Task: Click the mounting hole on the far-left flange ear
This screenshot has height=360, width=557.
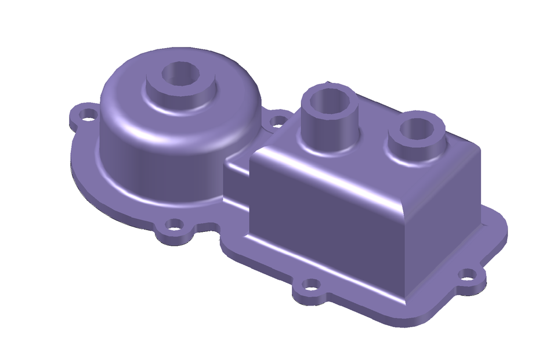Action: pyautogui.click(x=88, y=113)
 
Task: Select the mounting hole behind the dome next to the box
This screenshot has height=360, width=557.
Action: pyautogui.click(x=278, y=122)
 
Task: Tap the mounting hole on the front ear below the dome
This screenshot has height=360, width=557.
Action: pyautogui.click(x=174, y=225)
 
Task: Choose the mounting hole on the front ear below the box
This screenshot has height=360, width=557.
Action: pyautogui.click(x=312, y=285)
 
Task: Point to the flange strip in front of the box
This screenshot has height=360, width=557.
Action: pyautogui.click(x=348, y=290)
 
